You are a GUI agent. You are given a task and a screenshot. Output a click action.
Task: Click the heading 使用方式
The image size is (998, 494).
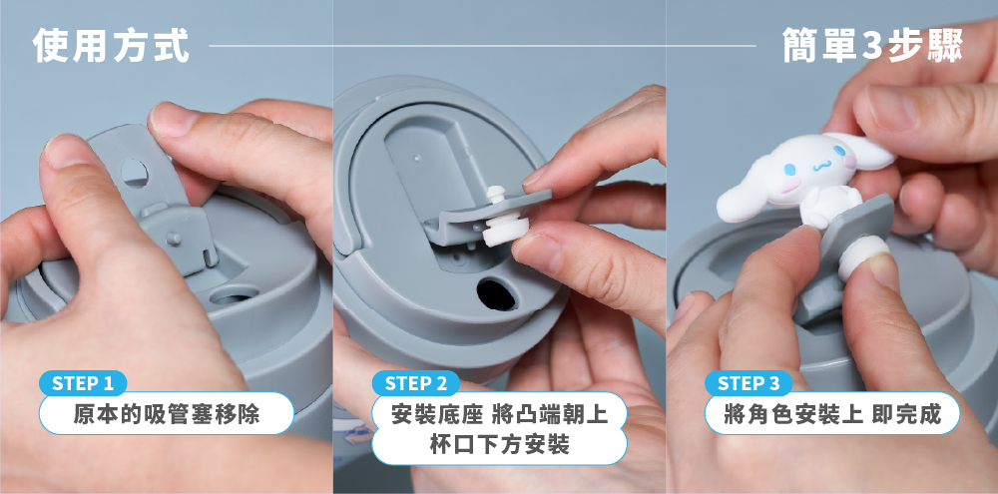[111, 45]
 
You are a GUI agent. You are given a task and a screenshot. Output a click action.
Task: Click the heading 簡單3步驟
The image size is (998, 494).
[872, 45]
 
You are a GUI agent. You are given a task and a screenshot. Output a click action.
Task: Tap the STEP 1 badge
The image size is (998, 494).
[83, 383]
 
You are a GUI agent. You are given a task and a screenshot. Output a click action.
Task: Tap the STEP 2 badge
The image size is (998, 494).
[415, 383]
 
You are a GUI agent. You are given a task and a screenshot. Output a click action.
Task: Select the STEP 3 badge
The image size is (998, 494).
[748, 383]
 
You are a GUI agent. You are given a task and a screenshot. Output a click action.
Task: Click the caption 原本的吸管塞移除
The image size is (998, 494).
[166, 414]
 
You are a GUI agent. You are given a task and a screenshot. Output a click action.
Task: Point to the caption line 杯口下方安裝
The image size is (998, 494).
[500, 444]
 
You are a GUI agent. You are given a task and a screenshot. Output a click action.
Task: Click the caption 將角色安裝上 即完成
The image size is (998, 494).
[832, 414]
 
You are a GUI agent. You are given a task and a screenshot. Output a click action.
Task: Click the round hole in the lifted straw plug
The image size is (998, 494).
[135, 173]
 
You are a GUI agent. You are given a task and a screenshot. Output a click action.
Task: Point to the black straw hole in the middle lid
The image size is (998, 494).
[497, 294]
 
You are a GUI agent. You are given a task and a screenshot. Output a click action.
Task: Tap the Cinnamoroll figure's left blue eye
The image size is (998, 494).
[789, 170]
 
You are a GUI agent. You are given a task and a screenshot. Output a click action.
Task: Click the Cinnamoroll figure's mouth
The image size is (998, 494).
[819, 166]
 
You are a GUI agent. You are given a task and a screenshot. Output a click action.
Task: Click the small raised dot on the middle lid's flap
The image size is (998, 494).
[415, 154]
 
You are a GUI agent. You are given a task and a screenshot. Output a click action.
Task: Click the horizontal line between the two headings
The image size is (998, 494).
[482, 46]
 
